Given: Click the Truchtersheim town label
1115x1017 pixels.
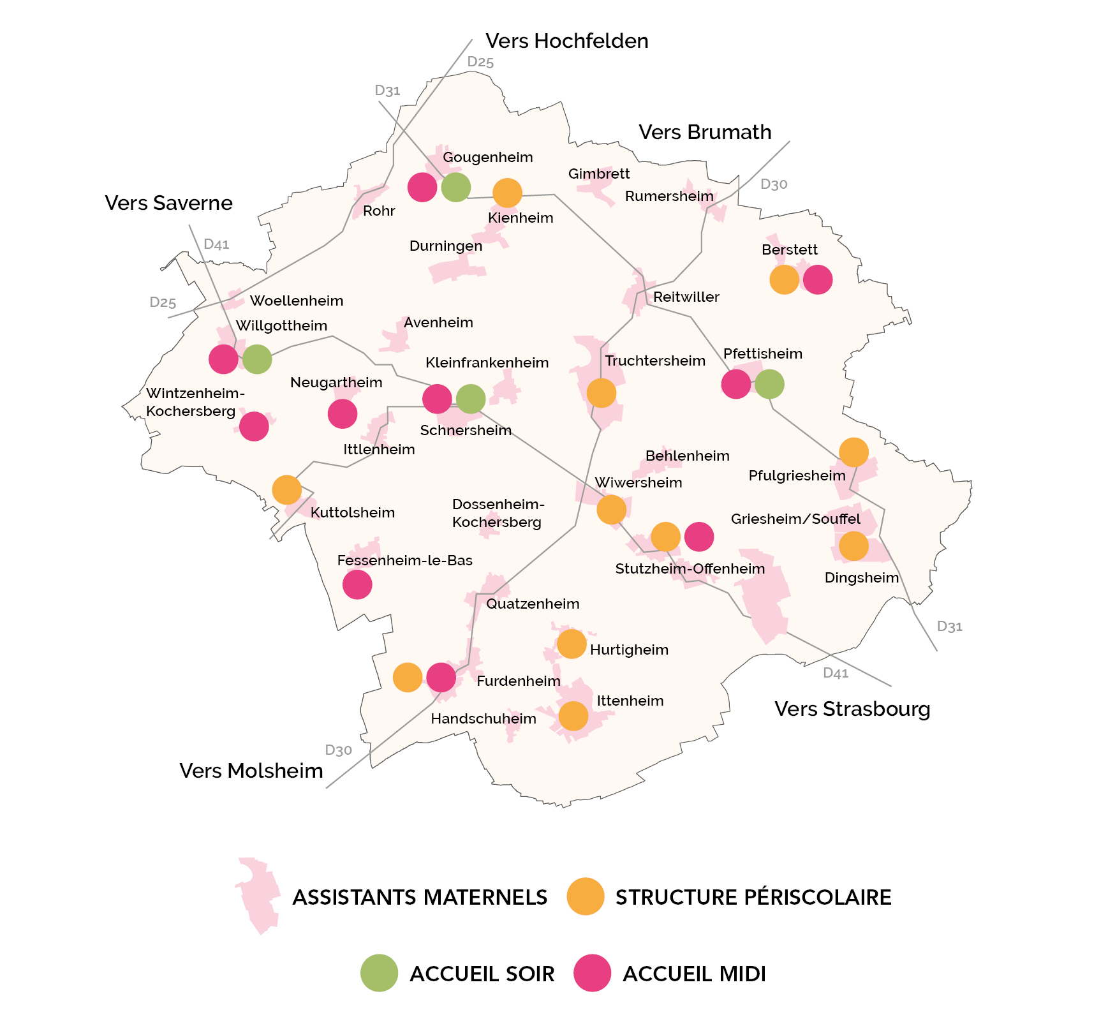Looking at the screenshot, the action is [655, 361].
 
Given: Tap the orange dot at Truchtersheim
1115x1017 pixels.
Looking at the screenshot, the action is [601, 393].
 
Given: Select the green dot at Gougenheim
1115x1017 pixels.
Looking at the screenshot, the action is [455, 188].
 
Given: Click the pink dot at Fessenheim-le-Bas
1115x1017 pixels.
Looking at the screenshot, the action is [357, 584].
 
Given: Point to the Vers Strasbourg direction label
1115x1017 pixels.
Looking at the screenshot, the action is [852, 709].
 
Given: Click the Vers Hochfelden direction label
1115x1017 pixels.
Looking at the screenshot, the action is [566, 41].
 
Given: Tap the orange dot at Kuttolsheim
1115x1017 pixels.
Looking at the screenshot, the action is [286, 490].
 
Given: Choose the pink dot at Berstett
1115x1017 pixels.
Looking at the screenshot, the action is [818, 279].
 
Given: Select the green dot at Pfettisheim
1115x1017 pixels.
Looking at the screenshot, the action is [769, 384].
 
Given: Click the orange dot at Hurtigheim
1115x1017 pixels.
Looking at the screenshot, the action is [572, 644].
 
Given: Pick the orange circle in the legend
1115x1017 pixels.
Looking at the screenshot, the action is [585, 896].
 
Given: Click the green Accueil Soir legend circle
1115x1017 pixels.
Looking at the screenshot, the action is [379, 973].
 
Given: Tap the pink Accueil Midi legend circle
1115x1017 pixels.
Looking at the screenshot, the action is [592, 973].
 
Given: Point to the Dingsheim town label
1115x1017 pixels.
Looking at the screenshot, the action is [861, 578].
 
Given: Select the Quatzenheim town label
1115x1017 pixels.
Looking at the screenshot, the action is [533, 604].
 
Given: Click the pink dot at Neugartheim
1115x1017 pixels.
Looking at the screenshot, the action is [343, 414].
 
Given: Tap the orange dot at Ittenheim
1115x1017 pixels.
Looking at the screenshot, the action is [573, 716].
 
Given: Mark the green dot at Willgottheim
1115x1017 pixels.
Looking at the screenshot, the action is [257, 359].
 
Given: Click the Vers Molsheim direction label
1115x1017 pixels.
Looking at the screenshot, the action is [251, 771].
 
